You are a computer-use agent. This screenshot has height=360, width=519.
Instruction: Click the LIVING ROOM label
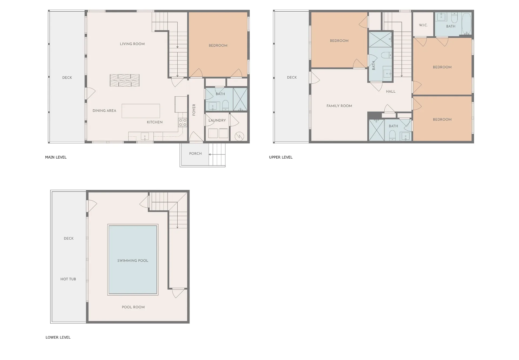click(x=132, y=44)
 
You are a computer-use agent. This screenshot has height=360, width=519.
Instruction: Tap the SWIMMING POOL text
click(x=133, y=261)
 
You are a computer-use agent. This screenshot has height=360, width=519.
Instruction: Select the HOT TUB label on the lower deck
click(x=68, y=279)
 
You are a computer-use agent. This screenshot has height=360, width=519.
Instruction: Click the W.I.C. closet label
click(x=423, y=25)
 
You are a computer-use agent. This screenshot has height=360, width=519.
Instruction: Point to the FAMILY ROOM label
click(x=339, y=106)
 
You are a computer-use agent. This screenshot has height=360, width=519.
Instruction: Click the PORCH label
click(x=195, y=153)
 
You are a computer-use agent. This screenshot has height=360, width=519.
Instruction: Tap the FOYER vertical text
click(x=194, y=110)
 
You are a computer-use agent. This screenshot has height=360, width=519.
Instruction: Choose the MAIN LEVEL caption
click(x=56, y=157)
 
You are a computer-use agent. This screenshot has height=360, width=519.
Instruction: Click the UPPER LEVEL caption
click(x=281, y=157)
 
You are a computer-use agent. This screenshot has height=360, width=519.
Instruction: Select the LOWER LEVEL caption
click(x=58, y=337)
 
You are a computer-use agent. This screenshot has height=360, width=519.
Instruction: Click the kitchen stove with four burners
click(x=182, y=122)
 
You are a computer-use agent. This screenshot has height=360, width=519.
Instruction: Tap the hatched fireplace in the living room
click(x=125, y=80)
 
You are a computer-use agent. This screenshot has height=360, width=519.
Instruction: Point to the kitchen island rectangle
click(x=141, y=111)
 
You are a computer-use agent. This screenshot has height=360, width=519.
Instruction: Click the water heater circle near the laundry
click(x=239, y=136)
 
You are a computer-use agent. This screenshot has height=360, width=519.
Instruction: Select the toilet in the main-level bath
click(x=225, y=105)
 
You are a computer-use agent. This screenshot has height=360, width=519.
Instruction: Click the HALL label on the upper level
click(x=391, y=92)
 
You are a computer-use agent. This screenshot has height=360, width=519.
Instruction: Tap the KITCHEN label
click(x=155, y=122)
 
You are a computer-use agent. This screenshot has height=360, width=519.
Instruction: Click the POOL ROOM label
click(x=133, y=307)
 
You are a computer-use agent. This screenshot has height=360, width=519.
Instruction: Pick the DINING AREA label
click(x=104, y=110)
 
